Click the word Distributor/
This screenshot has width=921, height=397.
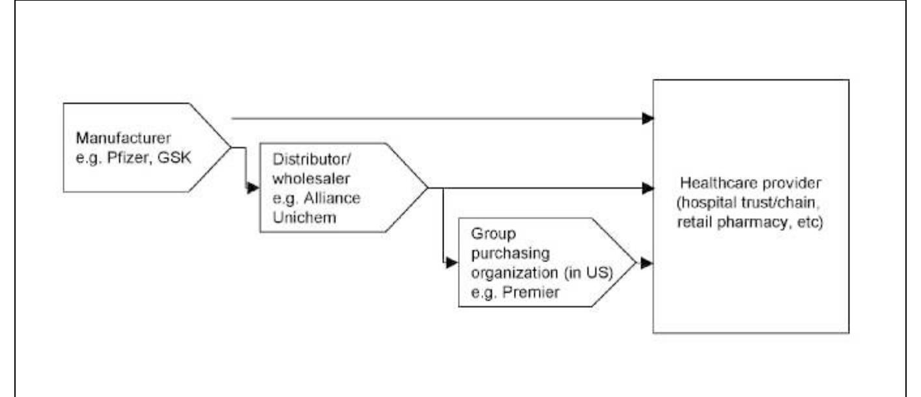click(x=300, y=160)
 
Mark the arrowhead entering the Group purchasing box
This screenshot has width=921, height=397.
click(x=451, y=263)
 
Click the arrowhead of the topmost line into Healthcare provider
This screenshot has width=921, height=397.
click(x=647, y=118)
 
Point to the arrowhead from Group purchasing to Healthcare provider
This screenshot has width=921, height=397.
click(x=647, y=263)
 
